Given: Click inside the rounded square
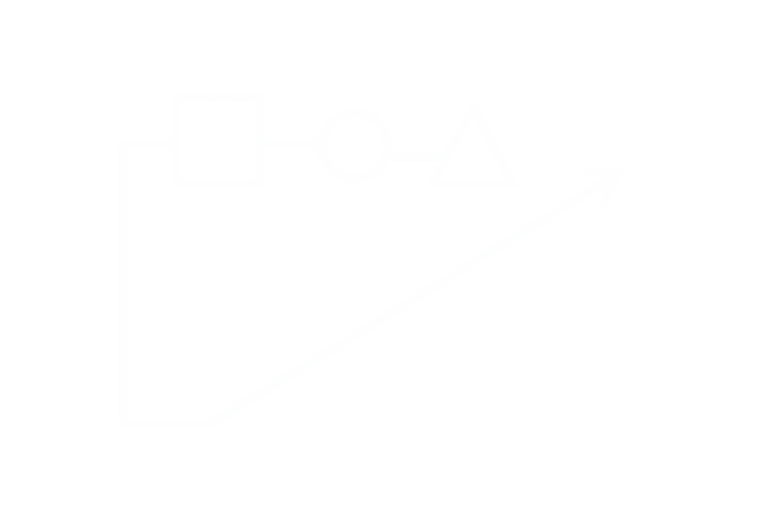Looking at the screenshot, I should point(218,140).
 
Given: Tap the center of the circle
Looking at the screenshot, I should point(355,145).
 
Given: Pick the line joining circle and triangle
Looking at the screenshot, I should point(417,156).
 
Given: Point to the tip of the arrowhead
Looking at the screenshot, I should point(622,171).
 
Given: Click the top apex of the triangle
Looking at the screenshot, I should point(473,108).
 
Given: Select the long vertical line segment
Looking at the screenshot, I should point(122,282).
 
